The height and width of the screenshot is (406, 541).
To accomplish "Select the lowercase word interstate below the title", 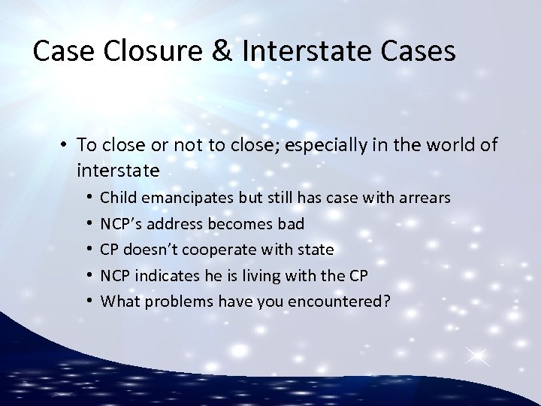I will (x=117, y=170).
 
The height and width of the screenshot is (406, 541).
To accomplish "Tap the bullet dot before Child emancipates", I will (x=89, y=198).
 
